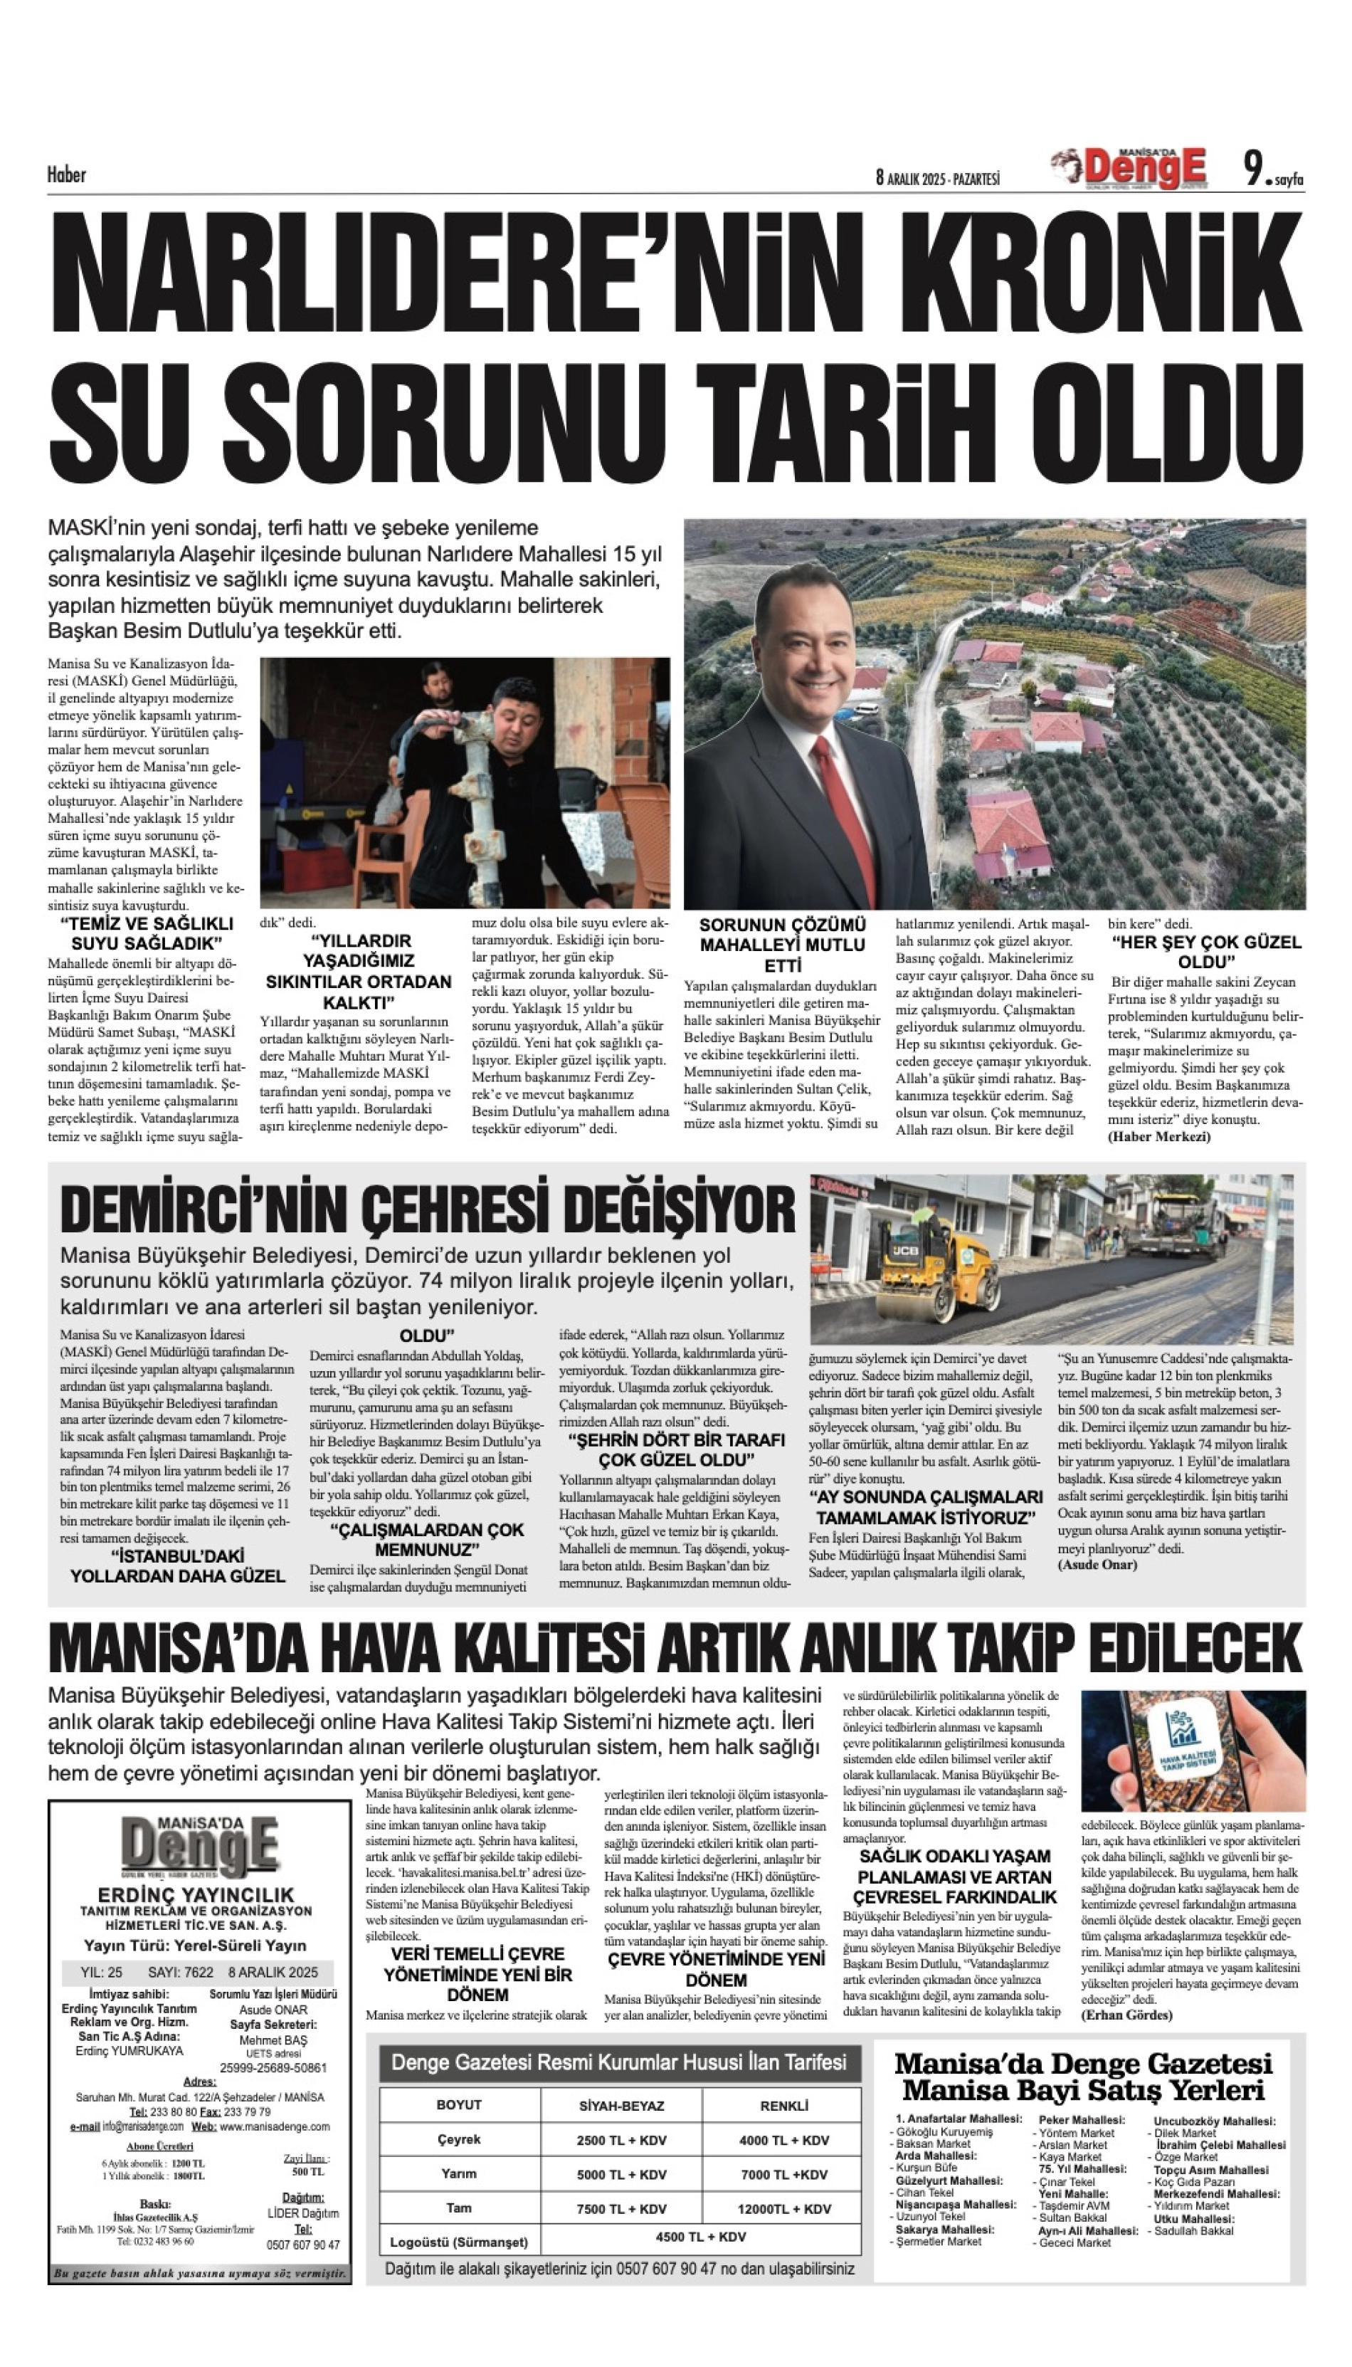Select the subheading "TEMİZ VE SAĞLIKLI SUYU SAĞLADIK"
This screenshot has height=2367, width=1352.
[x=146, y=933]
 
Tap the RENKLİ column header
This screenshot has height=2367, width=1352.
[x=783, y=2105]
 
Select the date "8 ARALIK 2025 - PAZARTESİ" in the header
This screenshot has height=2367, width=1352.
[x=937, y=177]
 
